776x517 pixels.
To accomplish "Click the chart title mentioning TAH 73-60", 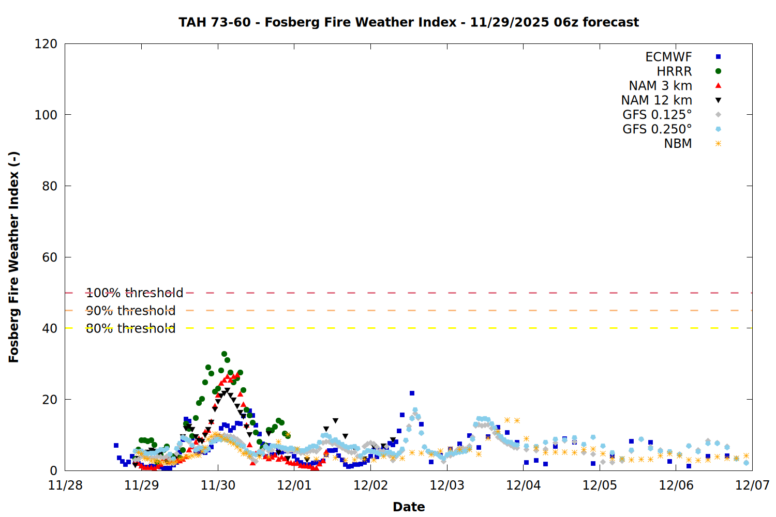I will [409, 22].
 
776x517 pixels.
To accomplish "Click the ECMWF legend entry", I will [668, 57].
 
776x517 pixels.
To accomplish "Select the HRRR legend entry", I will [674, 71].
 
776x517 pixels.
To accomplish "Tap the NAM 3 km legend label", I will [660, 86].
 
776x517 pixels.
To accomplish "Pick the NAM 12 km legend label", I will [656, 100].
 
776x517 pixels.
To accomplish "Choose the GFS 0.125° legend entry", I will [657, 115].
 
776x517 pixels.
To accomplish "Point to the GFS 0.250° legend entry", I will [657, 129].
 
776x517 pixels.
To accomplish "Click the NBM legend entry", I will [678, 144].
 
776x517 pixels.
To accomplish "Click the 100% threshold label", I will [135, 293].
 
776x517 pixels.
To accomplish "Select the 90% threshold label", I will [130, 311].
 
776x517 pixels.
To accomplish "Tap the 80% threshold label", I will [130, 328].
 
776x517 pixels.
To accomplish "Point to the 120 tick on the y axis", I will [46, 44].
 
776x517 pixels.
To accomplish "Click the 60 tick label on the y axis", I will [50, 257].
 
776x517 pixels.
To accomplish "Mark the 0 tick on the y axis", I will [54, 470].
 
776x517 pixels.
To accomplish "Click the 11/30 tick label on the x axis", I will [218, 485].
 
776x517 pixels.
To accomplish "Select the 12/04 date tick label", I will [524, 485].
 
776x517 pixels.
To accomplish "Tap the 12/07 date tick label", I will [752, 485].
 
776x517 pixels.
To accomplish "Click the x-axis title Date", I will [409, 507].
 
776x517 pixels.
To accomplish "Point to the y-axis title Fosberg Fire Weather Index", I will [14, 257].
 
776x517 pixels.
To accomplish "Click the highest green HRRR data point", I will [224, 354].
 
